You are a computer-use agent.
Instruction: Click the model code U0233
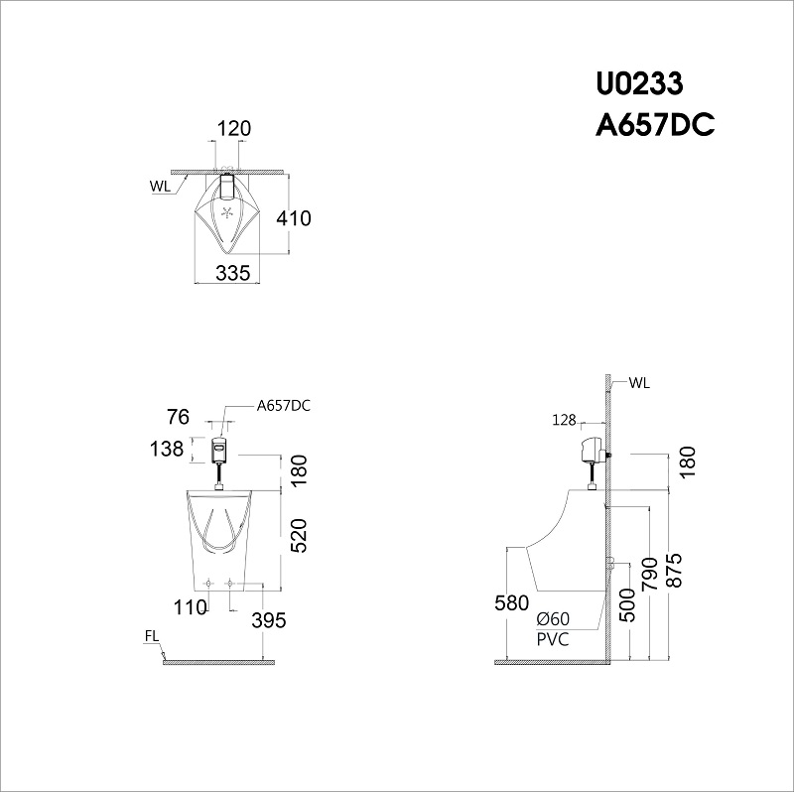point(638,83)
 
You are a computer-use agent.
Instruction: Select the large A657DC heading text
point(654,126)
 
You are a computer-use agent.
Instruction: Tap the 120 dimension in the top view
point(234,128)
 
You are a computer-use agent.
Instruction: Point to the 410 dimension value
point(295,218)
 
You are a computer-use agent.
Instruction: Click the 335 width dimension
point(232,274)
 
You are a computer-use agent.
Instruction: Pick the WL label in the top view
point(160,186)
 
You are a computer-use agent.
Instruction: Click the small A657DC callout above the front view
point(283,405)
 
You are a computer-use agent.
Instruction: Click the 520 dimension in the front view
point(298,535)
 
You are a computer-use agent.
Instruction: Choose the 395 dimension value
point(268,620)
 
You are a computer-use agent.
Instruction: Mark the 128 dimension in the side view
point(565,421)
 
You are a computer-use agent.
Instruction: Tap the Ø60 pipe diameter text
point(552,619)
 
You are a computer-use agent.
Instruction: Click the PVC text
point(553,640)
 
